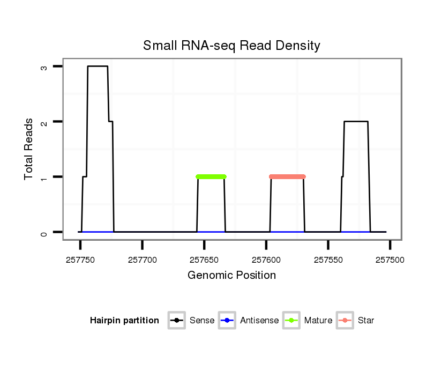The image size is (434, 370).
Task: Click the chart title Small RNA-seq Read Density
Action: coord(231,46)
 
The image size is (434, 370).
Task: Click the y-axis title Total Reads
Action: coord(29,149)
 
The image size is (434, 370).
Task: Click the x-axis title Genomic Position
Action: coord(231,276)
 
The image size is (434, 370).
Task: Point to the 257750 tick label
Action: coord(80,260)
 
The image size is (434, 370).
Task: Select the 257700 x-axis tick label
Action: coord(143,260)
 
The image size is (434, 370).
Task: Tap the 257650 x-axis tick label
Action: coord(204,260)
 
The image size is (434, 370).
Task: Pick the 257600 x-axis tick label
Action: coord(266,260)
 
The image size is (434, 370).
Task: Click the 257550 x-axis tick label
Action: coord(328,260)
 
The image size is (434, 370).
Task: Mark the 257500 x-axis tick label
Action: coord(390,260)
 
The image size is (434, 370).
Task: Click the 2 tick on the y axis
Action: coord(43,122)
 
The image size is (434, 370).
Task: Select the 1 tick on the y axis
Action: coord(43,177)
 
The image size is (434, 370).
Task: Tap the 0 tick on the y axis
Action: coord(43,232)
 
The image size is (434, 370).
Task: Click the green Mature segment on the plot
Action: coord(211,176)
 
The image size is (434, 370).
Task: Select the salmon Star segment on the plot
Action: coord(287,176)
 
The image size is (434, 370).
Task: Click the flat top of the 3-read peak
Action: coord(98,66)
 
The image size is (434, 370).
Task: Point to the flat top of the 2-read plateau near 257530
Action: coord(356,122)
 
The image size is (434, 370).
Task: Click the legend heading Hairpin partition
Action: coord(124,321)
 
